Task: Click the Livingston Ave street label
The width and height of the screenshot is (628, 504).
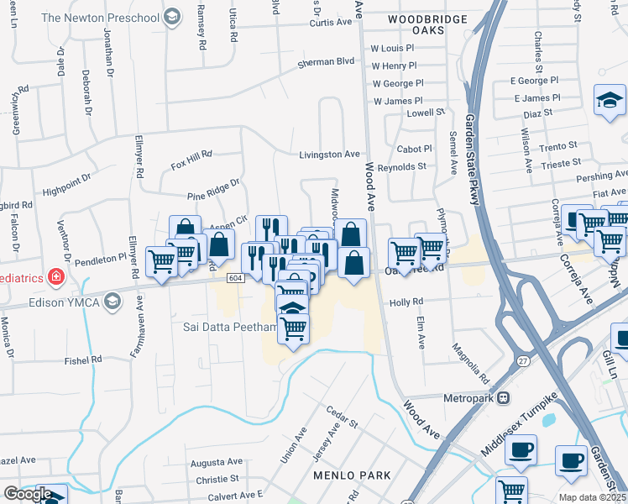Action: [x=330, y=155]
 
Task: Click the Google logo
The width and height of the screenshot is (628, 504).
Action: [x=27, y=494]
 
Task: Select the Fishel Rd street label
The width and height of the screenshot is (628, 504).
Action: [x=85, y=360]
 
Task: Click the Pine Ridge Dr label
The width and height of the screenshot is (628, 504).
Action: [x=213, y=186]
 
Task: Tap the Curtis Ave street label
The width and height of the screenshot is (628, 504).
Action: [x=329, y=23]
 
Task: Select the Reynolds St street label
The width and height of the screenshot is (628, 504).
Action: [x=401, y=167]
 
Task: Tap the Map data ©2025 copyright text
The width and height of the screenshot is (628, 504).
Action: [x=590, y=497]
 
